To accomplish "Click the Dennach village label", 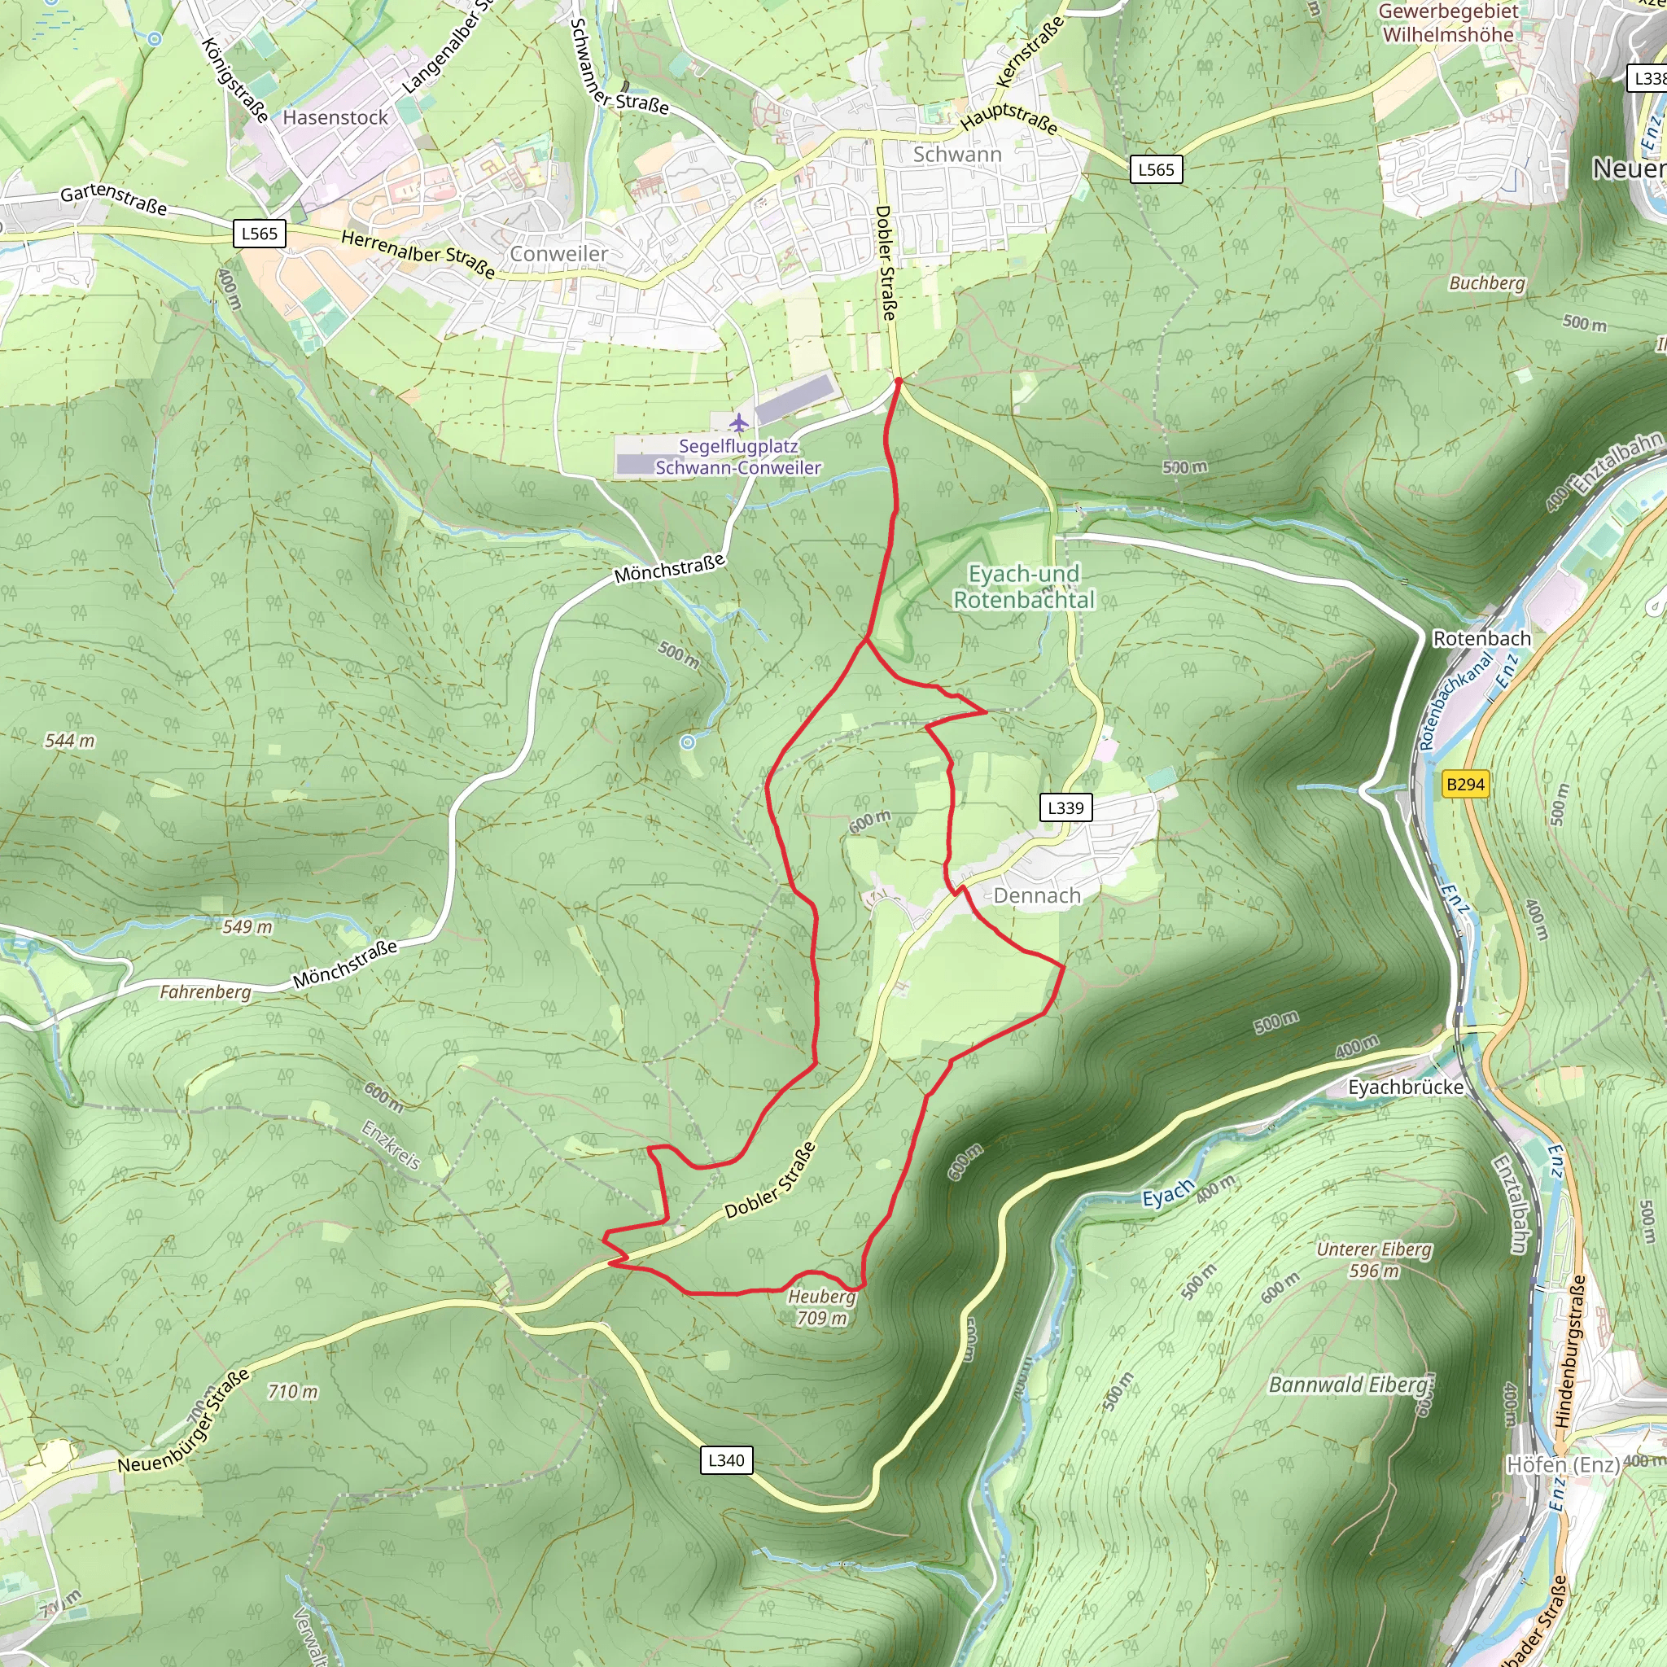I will point(1036,895).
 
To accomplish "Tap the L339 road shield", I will point(1065,807).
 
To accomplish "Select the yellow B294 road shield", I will point(1465,785).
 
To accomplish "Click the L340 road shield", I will point(725,1460).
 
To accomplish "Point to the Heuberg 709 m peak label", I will point(821,1307).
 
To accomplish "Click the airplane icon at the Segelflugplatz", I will point(739,422).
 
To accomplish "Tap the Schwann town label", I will point(957,155).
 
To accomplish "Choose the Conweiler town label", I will point(558,254).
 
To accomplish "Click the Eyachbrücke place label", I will point(1406,1087).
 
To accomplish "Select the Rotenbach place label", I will point(1481,638).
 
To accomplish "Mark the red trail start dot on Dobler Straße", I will point(899,380).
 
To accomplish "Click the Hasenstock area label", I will point(335,117).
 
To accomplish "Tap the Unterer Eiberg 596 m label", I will point(1374,1260).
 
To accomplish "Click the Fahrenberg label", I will point(205,992).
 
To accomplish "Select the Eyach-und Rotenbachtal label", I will point(1023,587).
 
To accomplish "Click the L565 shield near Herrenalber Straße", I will point(260,234).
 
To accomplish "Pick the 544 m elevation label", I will point(70,741).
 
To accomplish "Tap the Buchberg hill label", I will point(1486,283).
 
